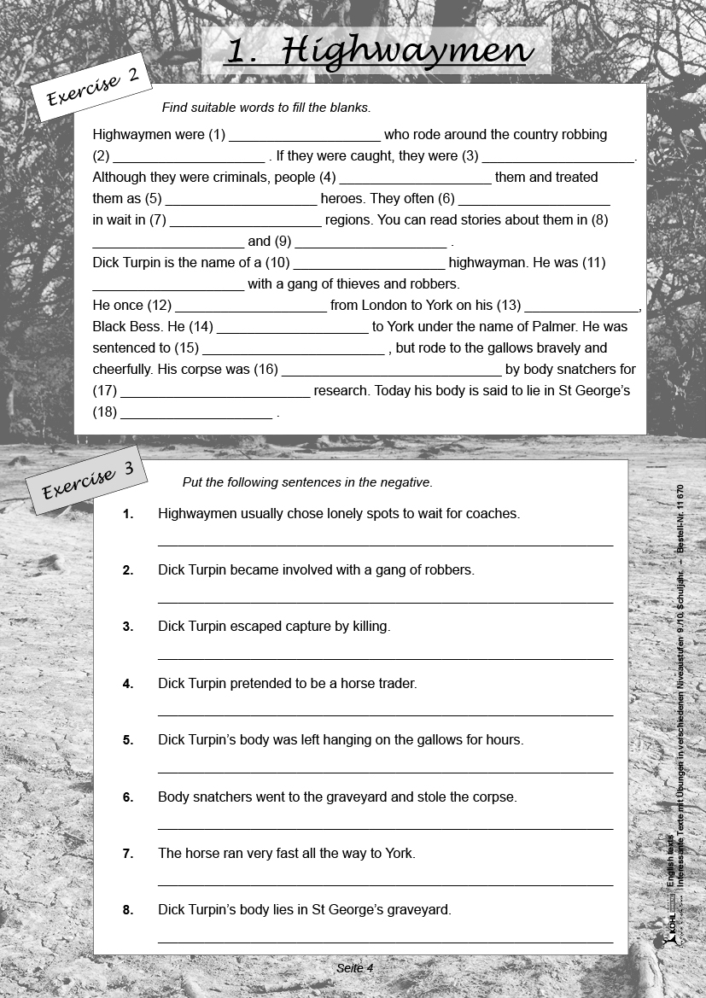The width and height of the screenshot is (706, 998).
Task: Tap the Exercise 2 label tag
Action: [x=92, y=89]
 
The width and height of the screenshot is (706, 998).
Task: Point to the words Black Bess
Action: [x=127, y=327]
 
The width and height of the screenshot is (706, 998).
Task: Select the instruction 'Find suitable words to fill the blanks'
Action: [x=266, y=108]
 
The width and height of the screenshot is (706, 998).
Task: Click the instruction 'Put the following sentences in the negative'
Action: [x=307, y=482]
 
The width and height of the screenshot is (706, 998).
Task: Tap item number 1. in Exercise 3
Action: [x=128, y=514]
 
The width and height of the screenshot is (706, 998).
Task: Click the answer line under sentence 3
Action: [x=385, y=658]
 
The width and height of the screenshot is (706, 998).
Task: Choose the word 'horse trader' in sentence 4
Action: [x=379, y=684]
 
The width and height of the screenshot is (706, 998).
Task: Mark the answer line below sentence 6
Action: [x=385, y=828]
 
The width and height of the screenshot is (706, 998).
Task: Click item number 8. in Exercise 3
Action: [x=128, y=910]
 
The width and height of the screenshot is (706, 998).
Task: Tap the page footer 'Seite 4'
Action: [x=355, y=968]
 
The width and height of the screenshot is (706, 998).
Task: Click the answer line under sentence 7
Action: [x=385, y=884]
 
